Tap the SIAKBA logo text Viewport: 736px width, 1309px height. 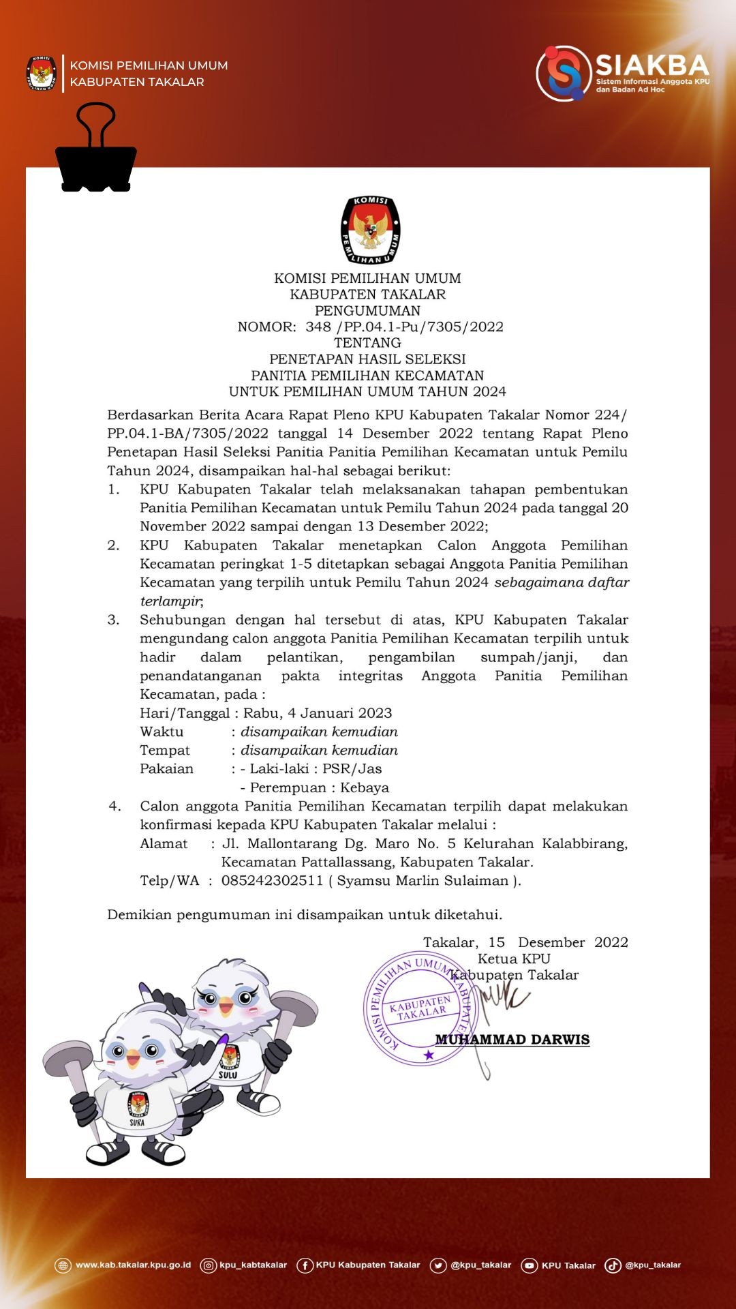pos(652,65)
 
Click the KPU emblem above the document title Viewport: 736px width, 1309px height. pos(370,230)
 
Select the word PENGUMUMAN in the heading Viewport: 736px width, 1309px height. pos(367,311)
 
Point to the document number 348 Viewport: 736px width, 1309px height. pos(318,327)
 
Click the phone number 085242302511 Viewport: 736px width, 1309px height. pos(272,881)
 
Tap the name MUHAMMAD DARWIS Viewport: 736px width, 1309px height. pos(512,1040)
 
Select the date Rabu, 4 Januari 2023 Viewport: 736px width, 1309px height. pos(318,713)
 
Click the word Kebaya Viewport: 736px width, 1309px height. pos(365,788)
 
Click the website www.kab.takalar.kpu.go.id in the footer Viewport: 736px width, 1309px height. pos(133,1265)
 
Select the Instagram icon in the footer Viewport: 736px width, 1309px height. pos(208,1266)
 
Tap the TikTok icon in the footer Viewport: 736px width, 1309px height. pos(613,1266)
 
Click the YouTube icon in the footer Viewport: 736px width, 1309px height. pos(529,1266)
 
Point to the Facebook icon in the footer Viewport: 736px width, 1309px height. pos(305,1266)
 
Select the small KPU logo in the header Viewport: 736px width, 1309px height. pos(42,74)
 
